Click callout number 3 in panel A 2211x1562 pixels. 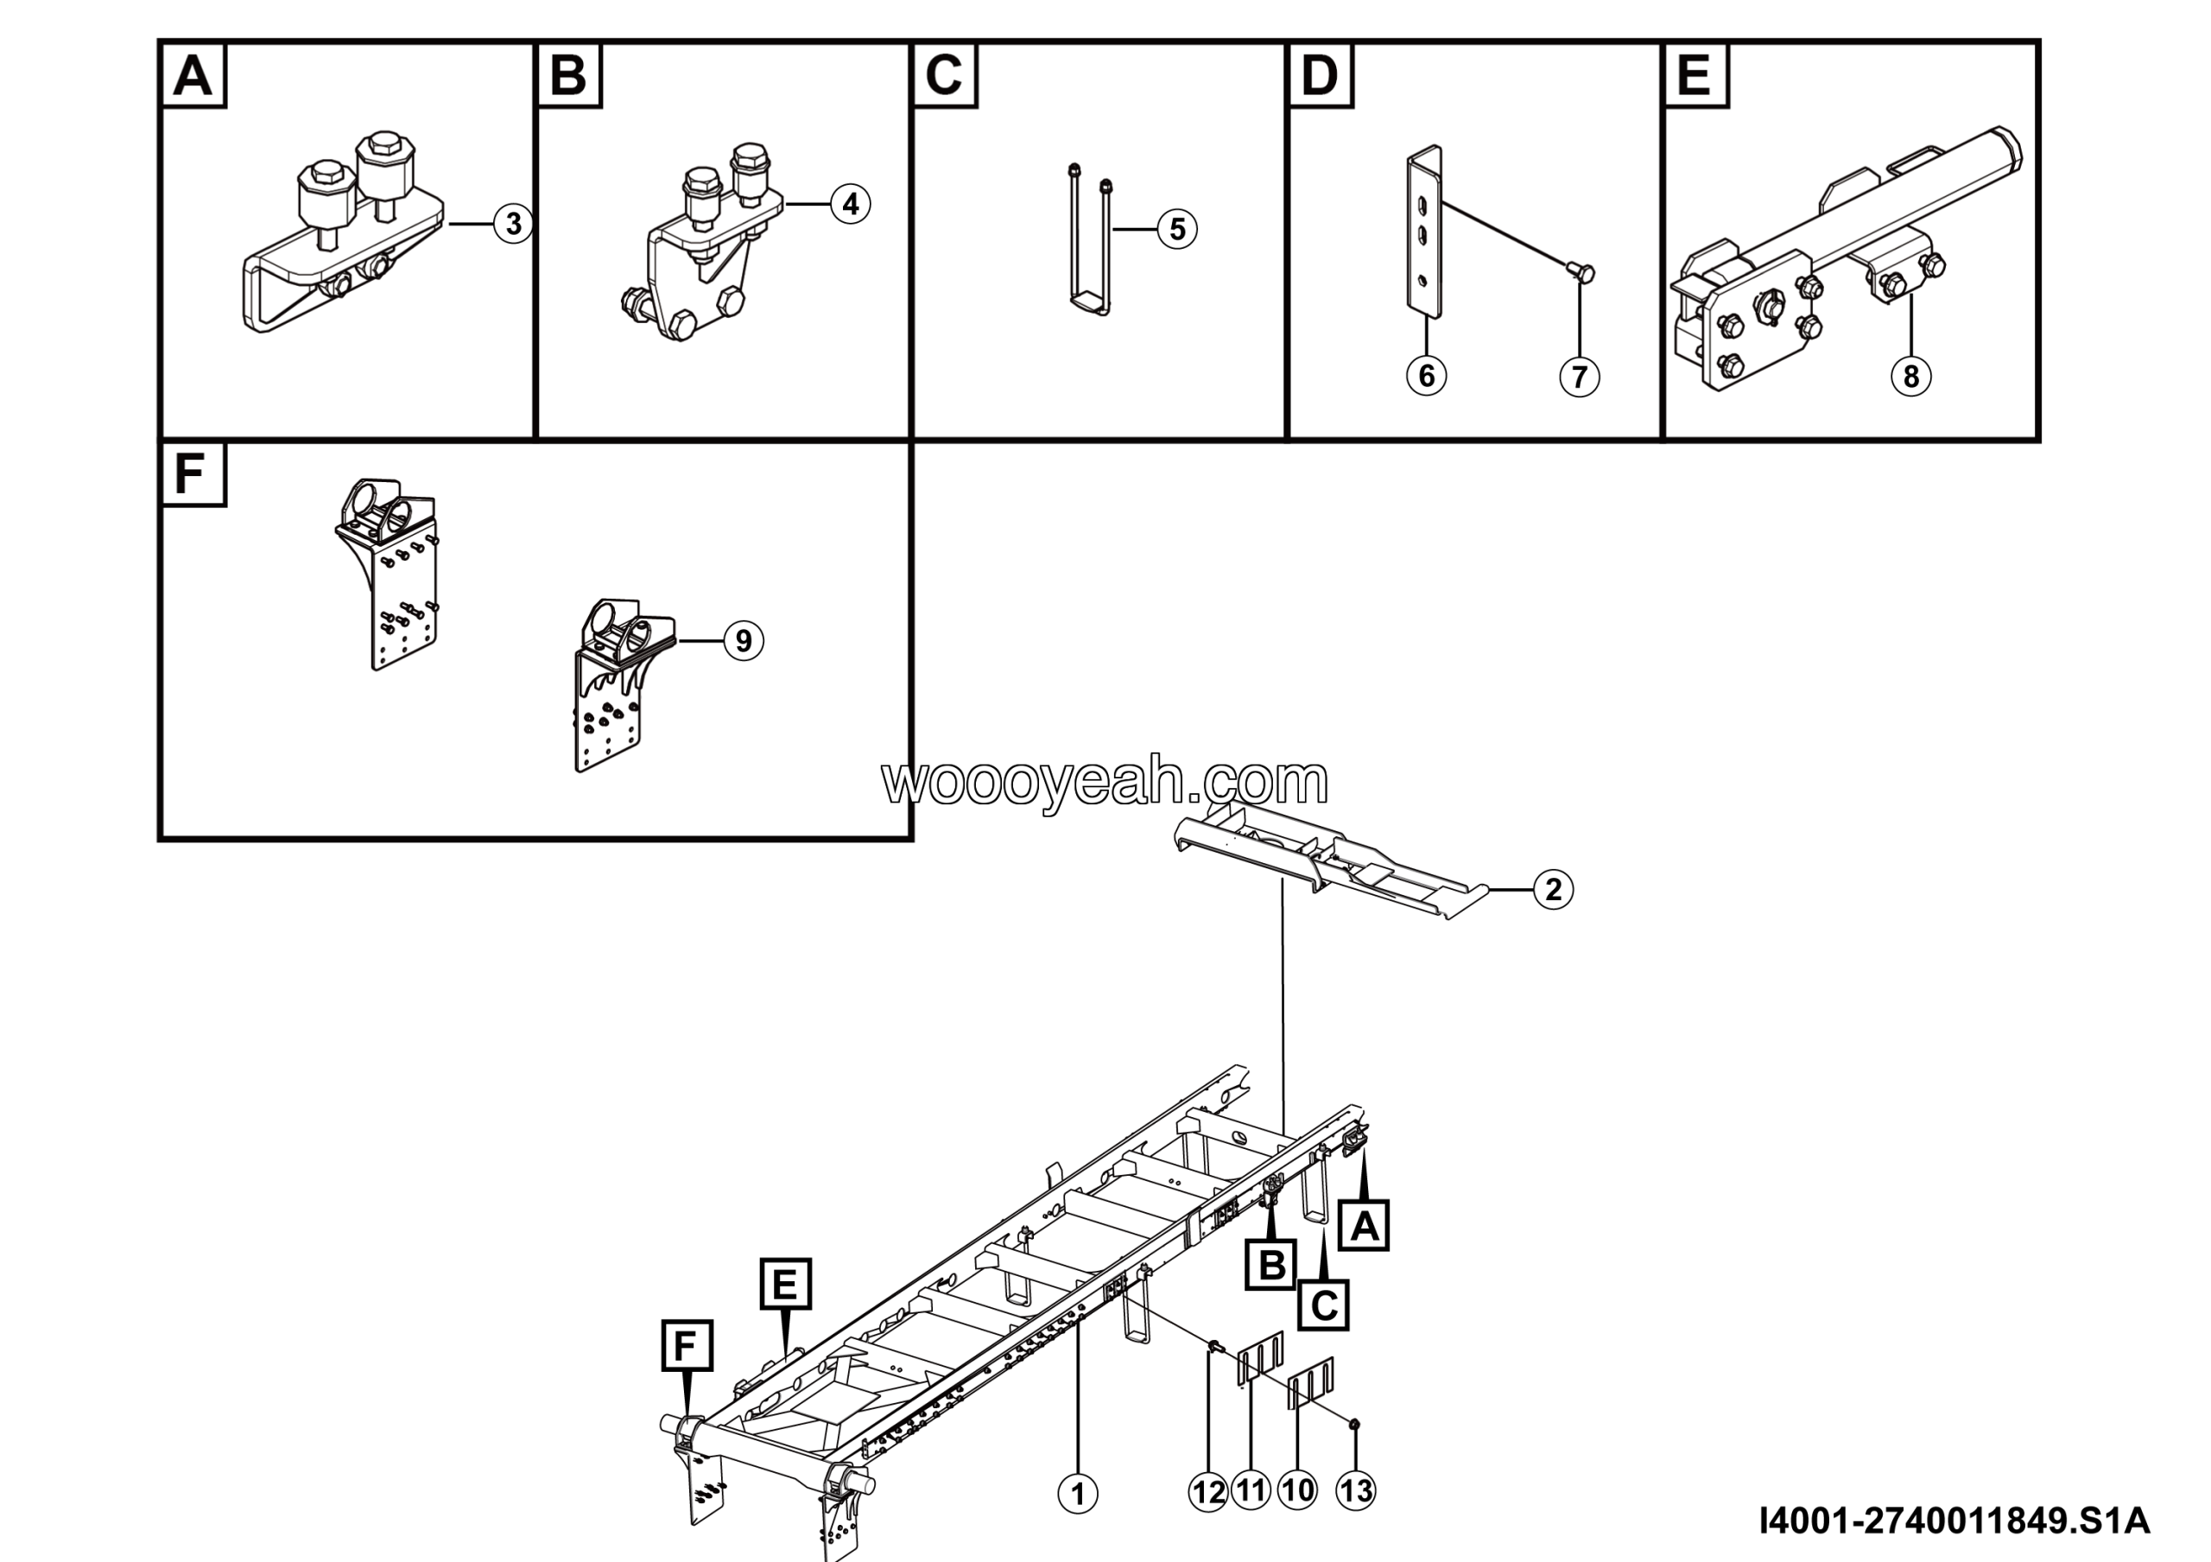click(x=513, y=224)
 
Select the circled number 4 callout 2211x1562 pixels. click(x=851, y=204)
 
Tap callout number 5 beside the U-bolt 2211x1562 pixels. click(x=1177, y=229)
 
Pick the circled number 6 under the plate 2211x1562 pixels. click(x=1426, y=375)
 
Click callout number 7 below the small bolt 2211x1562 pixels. click(x=1580, y=377)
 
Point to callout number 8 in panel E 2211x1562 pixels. click(x=1911, y=376)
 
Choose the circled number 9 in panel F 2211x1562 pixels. click(x=744, y=640)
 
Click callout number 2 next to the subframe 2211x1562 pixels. click(x=1553, y=890)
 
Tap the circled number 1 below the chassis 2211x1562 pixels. click(x=1078, y=1494)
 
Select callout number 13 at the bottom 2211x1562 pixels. click(x=1356, y=1492)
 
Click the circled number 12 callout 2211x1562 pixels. click(x=1208, y=1493)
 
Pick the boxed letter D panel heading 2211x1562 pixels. click(x=1321, y=75)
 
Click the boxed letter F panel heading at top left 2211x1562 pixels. click(x=193, y=473)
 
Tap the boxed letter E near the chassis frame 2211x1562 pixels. click(x=786, y=1284)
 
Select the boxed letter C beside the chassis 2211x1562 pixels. click(x=1323, y=1305)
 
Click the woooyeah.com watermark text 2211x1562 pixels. click(x=1105, y=781)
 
